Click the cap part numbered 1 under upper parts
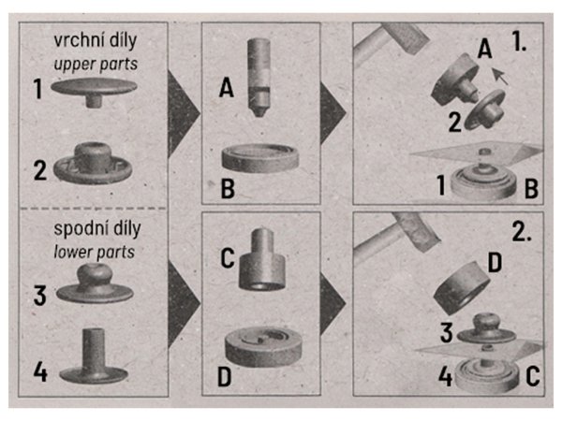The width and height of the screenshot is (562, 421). tap(94, 90)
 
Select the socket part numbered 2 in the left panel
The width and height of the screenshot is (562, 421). tap(93, 163)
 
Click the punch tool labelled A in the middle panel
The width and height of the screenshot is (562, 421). tap(259, 77)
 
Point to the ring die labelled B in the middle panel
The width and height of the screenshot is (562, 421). tap(260, 159)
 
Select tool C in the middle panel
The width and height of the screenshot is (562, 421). tap(262, 261)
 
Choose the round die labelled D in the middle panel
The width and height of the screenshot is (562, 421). tap(263, 346)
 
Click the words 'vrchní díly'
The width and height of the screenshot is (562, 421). tap(96, 40)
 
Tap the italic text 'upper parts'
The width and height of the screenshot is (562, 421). tap(96, 64)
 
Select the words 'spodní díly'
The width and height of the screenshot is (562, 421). tap(97, 229)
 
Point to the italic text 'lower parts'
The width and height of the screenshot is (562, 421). tap(95, 252)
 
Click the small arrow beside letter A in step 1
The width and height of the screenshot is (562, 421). tap(500, 77)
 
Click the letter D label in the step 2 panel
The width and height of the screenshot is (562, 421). tap(495, 264)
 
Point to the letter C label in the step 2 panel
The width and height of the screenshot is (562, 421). tap(533, 376)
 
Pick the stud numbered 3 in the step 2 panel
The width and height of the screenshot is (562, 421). tap(486, 329)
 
